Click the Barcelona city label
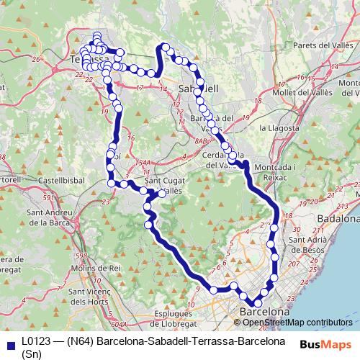pyautogui.click(x=264, y=313)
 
